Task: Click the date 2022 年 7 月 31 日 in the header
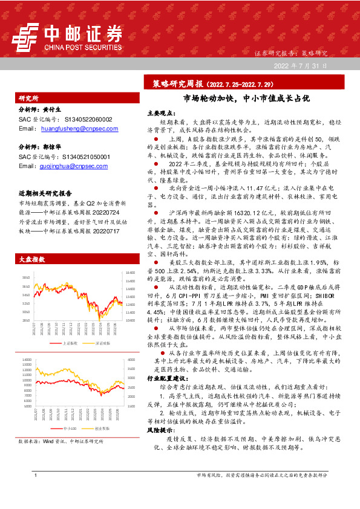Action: tap(301, 65)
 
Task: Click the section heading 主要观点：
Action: tap(160, 113)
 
